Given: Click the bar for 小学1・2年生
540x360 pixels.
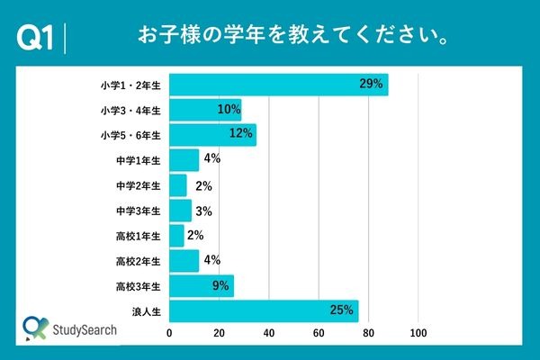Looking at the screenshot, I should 279,85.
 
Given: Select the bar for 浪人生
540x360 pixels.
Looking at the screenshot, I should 264,311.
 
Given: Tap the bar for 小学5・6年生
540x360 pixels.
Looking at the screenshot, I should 212,135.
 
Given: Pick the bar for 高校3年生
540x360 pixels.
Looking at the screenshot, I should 202,286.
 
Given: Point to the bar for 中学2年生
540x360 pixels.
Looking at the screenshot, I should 178,185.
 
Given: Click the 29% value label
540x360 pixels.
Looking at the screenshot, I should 371,85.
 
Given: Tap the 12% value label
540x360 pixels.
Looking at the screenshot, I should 241,135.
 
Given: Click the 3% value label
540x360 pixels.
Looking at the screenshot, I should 202,211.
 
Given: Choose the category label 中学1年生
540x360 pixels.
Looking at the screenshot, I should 139,161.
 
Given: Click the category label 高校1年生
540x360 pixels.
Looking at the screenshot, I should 139,237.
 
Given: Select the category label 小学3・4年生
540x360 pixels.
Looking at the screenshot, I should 131,111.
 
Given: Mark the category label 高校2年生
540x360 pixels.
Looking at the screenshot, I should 139,262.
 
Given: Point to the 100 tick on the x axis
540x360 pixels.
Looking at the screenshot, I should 418,334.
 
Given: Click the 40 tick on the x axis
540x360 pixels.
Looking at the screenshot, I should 269,334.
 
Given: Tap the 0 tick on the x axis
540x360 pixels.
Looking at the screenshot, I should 170,334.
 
